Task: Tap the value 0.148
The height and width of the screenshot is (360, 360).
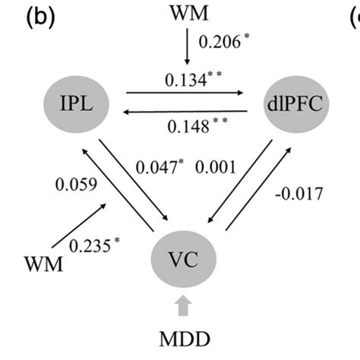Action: pyautogui.click(x=188, y=145)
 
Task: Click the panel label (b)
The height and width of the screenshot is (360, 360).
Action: pyautogui.click(x=39, y=17)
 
